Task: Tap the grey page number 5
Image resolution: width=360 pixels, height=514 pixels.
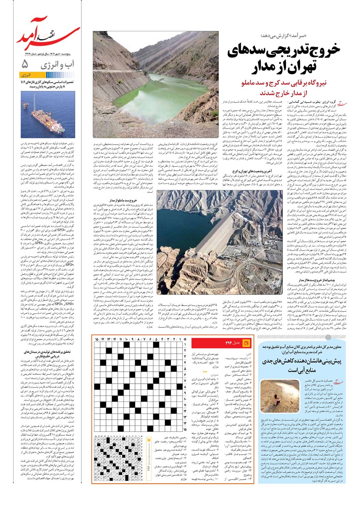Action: pyautogui.click(x=25, y=63)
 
